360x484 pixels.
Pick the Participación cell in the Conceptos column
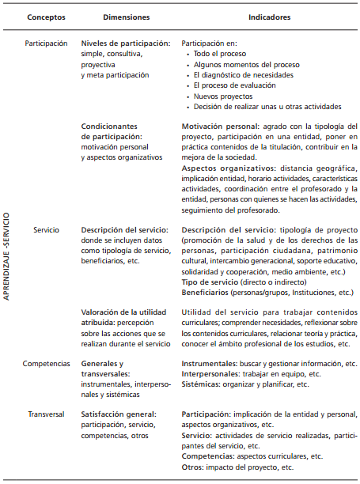(46, 44)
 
